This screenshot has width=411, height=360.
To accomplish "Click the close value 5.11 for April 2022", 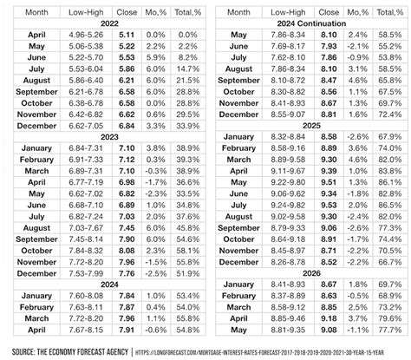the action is click(127, 35).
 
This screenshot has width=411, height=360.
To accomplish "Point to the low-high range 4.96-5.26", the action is click(85, 35).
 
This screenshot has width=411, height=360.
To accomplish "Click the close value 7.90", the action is click(127, 238).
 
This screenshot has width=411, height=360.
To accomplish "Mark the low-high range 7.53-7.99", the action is click(85, 272).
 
